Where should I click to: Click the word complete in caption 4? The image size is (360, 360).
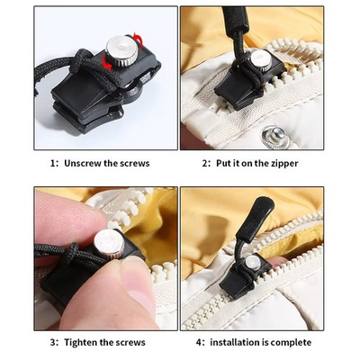(290, 342)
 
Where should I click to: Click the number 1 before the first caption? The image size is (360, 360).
(52, 163)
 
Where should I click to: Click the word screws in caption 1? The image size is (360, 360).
(133, 163)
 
